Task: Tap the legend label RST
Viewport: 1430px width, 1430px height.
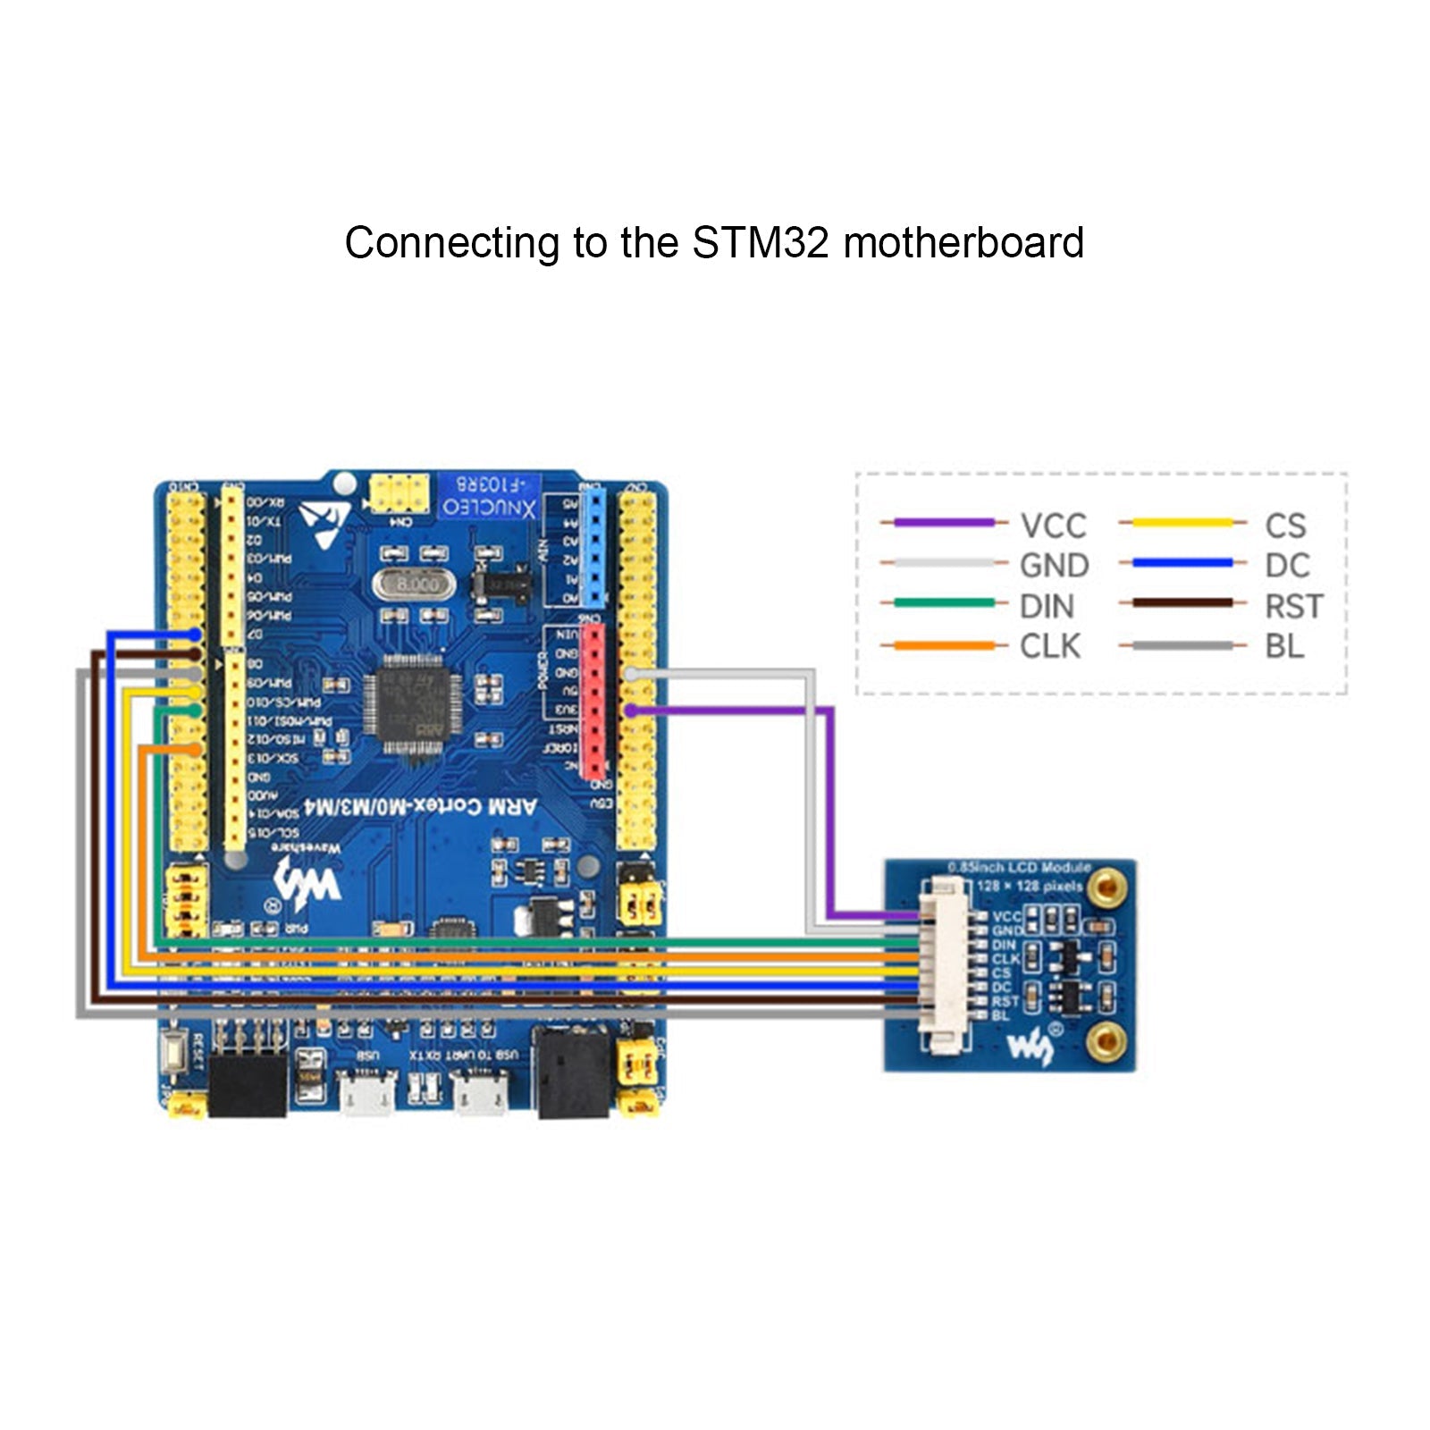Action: (1292, 607)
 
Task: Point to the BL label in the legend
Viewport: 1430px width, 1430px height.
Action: (1283, 646)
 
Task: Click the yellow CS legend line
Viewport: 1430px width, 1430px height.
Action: (1182, 523)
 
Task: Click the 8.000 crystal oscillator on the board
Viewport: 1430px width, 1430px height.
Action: (415, 585)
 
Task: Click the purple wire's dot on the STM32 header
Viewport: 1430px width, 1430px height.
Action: (631, 710)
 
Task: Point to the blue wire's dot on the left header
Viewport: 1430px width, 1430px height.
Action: (196, 634)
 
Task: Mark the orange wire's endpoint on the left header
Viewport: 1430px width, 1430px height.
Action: (196, 749)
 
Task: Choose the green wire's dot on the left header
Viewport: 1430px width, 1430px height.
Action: (196, 711)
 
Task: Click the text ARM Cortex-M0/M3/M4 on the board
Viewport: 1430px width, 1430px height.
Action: (420, 807)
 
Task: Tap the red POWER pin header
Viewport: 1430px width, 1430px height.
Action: (592, 702)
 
